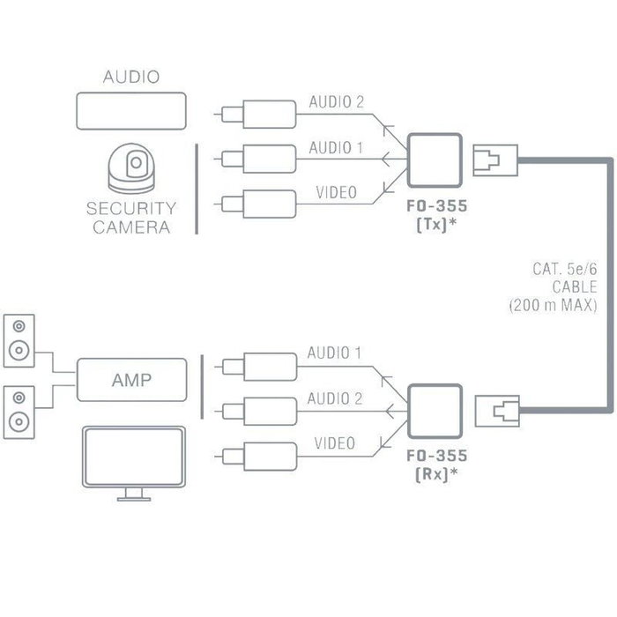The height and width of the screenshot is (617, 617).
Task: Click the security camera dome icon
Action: tap(131, 168)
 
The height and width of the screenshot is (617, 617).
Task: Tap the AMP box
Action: tap(131, 382)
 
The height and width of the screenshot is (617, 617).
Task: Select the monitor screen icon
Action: tap(132, 458)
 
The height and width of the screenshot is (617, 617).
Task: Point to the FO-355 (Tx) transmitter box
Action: tap(435, 160)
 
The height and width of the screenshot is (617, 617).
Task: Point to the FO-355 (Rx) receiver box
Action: tap(435, 409)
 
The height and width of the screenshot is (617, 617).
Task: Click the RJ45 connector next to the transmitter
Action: tap(491, 160)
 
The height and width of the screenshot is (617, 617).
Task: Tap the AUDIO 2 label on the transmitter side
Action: tap(336, 102)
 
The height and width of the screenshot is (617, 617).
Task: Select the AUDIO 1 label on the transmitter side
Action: tap(336, 147)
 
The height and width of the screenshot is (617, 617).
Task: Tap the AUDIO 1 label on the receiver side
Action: tap(334, 353)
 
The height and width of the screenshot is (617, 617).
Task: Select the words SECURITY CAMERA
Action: tap(131, 218)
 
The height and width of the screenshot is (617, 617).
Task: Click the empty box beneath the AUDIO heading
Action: tap(131, 112)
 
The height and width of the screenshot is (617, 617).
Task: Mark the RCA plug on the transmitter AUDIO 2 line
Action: tap(259, 113)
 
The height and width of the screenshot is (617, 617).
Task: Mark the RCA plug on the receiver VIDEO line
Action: tap(259, 456)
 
